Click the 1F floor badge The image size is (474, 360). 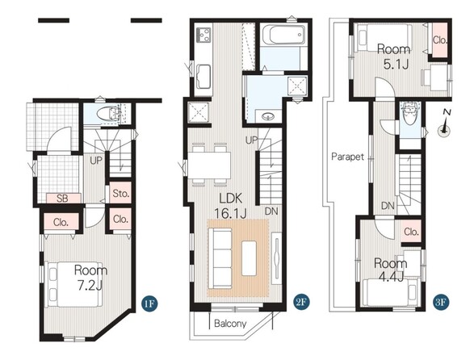click(149, 303)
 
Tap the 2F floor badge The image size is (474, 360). click(300, 302)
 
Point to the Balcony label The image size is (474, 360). click(230, 324)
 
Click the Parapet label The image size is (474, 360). click(348, 157)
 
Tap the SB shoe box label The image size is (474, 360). click(62, 199)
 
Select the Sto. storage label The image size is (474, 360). click(120, 193)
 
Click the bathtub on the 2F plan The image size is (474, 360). click(283, 35)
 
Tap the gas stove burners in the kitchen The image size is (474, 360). click(204, 34)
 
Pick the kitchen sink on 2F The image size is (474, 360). click(203, 77)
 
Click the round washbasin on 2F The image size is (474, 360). click(266, 116)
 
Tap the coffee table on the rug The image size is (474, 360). click(249, 258)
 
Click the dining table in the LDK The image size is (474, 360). click(209, 165)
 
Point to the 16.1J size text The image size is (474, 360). click(230, 213)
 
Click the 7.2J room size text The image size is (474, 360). click(90, 286)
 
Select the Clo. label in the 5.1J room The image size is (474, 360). click(440, 40)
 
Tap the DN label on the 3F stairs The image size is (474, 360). click(388, 206)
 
